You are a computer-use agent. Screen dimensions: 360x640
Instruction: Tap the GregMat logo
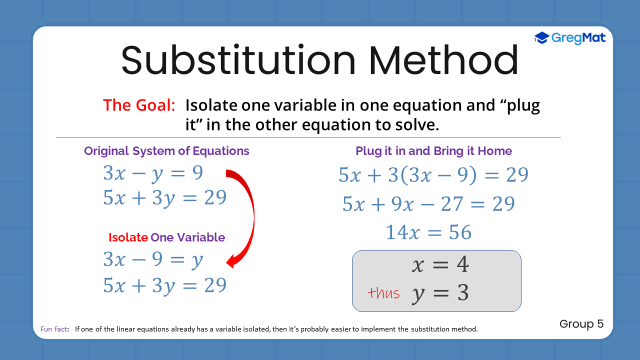(x=570, y=37)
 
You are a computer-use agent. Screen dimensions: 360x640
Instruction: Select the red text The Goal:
(x=139, y=105)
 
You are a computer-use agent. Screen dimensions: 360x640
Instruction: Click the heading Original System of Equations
(x=166, y=151)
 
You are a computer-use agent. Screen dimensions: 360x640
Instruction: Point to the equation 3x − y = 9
(x=153, y=173)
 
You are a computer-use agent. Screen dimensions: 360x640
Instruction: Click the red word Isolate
(x=128, y=237)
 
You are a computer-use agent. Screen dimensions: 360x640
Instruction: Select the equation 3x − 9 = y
(x=153, y=259)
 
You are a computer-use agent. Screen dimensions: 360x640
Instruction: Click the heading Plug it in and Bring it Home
(x=433, y=151)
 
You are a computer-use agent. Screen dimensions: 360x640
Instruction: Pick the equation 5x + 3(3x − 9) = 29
(x=433, y=175)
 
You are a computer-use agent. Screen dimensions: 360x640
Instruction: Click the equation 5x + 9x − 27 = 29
(x=428, y=204)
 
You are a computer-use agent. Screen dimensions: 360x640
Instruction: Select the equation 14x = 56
(x=428, y=232)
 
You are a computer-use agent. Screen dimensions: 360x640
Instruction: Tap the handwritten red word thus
(x=383, y=293)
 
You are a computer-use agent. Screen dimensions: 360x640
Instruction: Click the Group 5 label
(x=581, y=324)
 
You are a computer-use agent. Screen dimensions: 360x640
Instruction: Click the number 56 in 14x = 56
(x=459, y=232)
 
